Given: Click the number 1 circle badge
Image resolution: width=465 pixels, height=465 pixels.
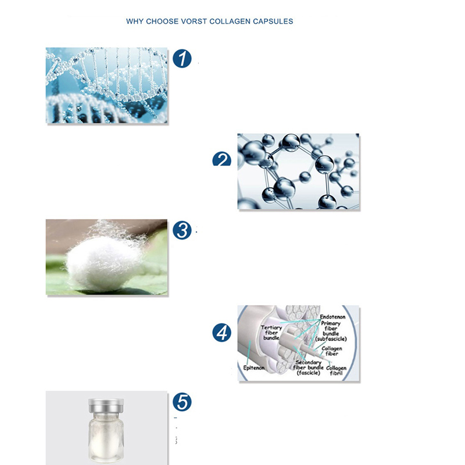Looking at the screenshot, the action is point(182,59).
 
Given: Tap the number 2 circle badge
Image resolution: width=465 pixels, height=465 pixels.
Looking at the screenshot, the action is point(221,159).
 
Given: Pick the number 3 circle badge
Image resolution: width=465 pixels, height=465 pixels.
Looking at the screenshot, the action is point(182,230).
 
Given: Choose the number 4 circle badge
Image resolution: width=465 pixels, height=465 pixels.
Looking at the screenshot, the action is point(221,332).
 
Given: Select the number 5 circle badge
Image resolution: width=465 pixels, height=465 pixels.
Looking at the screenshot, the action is point(182,402).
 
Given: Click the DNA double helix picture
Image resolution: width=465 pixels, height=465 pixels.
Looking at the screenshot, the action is point(106,85).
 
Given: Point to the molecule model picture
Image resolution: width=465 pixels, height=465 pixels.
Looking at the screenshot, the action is point(298,171).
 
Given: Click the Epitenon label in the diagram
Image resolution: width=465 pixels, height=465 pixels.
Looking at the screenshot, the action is point(254,368).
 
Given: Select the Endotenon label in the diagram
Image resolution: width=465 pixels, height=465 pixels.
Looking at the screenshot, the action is point(332,317).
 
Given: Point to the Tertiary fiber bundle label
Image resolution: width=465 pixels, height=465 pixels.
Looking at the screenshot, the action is point(271,332).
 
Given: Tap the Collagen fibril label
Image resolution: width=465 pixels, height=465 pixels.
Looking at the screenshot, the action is point(337,370).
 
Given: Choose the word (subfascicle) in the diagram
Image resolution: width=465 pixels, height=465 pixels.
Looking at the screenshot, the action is point(331,339).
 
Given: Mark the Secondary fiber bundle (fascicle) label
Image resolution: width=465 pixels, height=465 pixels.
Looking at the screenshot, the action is point(309,367).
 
